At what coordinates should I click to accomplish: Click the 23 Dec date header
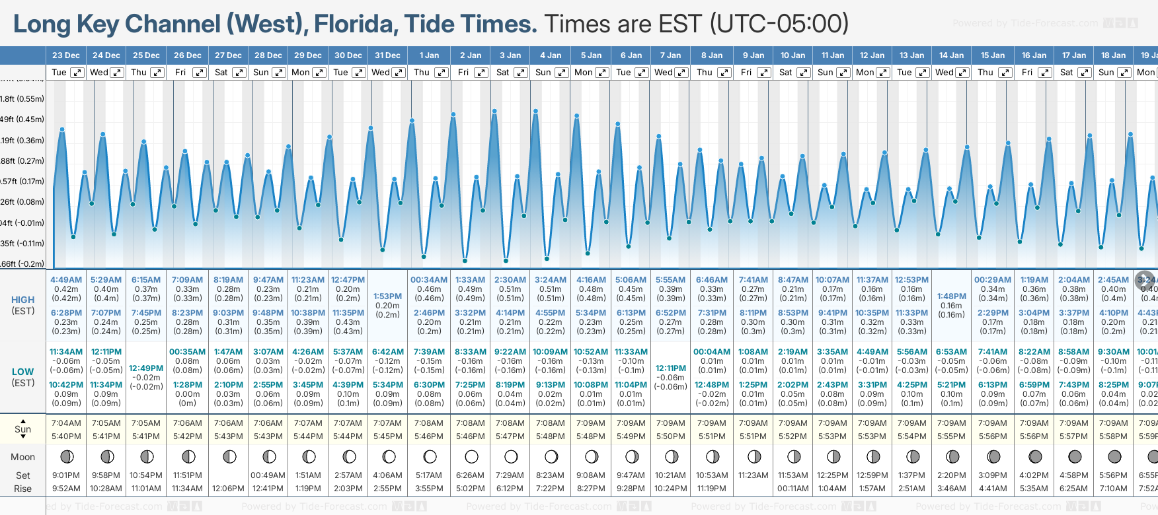66,55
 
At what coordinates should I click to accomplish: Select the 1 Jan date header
429,55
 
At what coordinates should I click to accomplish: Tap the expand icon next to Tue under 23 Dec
77,73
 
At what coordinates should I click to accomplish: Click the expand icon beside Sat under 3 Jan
521,73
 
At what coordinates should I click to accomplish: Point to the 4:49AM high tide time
66,280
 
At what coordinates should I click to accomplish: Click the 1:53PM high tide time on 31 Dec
387,296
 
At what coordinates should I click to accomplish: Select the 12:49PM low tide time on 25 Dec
146,368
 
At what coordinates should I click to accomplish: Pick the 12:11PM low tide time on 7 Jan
671,368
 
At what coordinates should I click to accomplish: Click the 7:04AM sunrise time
66,423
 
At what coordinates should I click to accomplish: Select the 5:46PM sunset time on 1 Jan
429,436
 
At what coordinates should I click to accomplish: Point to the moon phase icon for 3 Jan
511,456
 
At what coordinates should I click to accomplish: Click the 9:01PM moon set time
66,475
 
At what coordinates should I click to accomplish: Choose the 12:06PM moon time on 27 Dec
228,489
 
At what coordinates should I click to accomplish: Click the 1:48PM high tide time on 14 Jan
951,296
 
